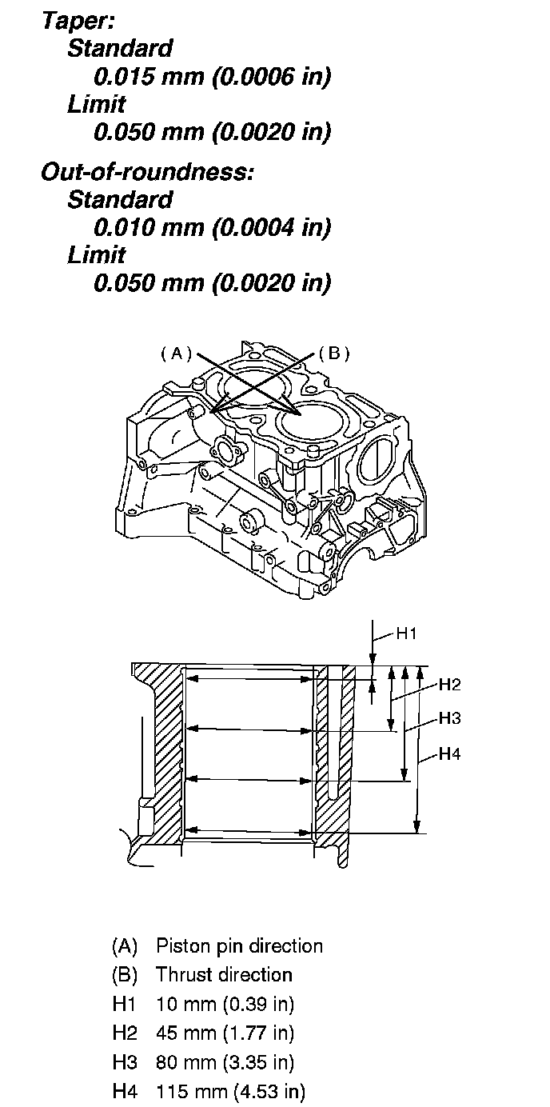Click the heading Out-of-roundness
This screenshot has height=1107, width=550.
point(146,172)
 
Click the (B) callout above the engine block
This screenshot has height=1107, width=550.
point(333,353)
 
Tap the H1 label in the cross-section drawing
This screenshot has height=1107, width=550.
point(407,634)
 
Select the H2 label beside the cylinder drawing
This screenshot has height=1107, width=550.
point(450,685)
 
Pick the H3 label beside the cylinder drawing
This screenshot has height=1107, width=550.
point(450,718)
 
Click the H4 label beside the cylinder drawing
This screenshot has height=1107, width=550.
point(450,753)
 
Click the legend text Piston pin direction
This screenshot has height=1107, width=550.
point(239,946)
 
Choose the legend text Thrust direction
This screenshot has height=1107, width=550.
point(224,975)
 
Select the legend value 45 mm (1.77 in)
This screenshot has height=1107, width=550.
point(225,1033)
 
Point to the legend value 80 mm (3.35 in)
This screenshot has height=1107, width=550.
point(225,1062)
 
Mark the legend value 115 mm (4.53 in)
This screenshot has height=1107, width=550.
point(230,1091)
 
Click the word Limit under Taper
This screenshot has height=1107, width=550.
point(97,104)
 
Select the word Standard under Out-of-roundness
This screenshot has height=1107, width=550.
point(120,199)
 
